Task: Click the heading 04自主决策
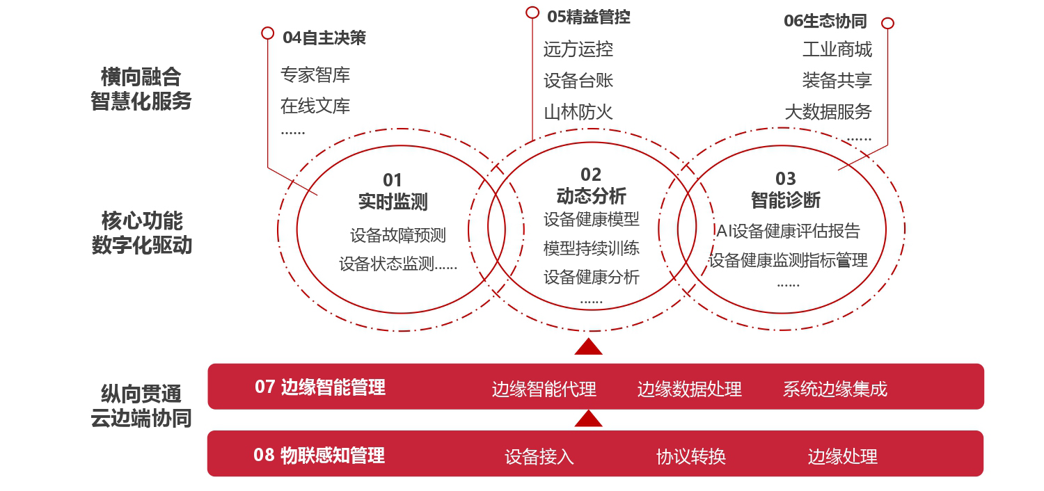click(x=324, y=38)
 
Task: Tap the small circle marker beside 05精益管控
click(x=532, y=13)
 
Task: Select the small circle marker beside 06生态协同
click(x=888, y=23)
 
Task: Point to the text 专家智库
click(x=315, y=75)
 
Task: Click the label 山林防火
click(x=578, y=112)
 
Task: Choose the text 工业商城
click(x=837, y=49)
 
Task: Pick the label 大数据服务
click(x=828, y=112)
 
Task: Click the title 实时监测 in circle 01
click(x=393, y=202)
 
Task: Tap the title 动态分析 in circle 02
click(x=591, y=196)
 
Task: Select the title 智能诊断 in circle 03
click(x=785, y=200)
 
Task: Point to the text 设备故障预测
click(x=398, y=235)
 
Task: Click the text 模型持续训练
click(x=592, y=248)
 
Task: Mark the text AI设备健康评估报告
click(x=788, y=231)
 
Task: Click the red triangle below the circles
click(x=588, y=348)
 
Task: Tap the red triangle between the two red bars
click(x=588, y=419)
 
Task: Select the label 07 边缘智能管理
click(x=319, y=387)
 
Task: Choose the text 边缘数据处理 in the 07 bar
click(x=689, y=389)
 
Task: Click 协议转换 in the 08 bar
click(x=691, y=456)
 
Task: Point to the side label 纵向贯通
click(x=141, y=394)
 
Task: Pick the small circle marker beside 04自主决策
click(x=267, y=33)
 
